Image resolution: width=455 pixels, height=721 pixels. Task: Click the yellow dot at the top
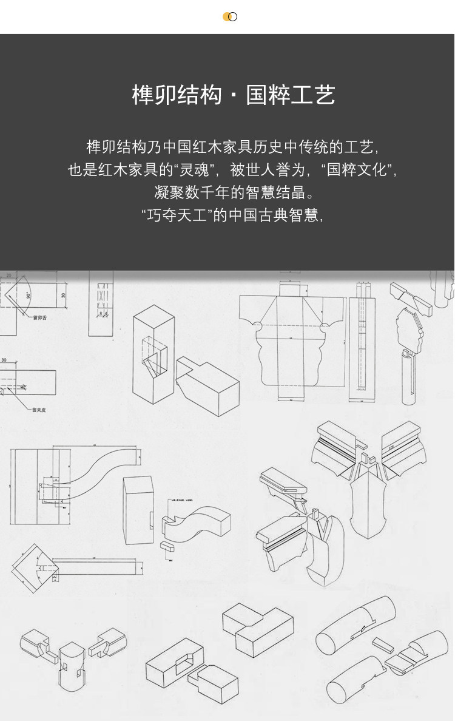[226, 16]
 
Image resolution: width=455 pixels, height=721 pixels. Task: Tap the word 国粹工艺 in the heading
[291, 96]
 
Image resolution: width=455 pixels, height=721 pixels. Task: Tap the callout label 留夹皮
[40, 409]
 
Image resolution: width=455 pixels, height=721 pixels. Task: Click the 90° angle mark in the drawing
[28, 295]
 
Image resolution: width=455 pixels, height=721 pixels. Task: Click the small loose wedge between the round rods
[383, 643]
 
